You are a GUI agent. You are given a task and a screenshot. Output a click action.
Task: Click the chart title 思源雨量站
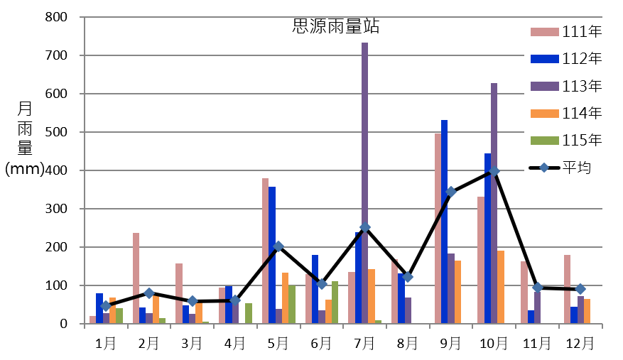(x=336, y=26)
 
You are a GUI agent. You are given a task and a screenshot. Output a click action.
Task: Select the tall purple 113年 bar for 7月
(x=364, y=182)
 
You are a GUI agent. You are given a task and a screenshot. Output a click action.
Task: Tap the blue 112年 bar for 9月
(x=444, y=222)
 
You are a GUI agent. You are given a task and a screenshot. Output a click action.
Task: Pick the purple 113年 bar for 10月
(x=494, y=203)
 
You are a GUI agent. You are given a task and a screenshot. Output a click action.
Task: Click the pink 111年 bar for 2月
(x=136, y=278)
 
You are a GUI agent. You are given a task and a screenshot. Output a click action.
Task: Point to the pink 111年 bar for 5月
(x=266, y=251)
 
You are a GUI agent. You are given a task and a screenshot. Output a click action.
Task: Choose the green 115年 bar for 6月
(x=335, y=302)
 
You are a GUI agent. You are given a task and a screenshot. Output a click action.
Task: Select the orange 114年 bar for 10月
(x=501, y=287)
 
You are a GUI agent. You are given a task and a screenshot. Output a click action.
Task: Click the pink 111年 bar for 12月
(x=568, y=289)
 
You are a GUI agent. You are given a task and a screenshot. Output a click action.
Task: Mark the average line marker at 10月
(x=494, y=171)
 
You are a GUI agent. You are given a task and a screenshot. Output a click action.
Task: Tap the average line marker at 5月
(x=278, y=246)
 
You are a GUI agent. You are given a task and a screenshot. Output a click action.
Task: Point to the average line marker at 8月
(x=408, y=276)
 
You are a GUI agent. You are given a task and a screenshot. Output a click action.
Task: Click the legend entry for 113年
(x=566, y=86)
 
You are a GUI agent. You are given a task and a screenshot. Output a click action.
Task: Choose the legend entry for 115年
(x=566, y=140)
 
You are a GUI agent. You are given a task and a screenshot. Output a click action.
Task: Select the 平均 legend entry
(x=560, y=168)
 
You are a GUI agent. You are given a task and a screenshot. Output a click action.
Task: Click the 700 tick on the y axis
(x=56, y=55)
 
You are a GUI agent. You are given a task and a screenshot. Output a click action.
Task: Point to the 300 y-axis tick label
(x=56, y=209)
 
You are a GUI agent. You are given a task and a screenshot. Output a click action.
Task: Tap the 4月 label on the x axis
(x=235, y=343)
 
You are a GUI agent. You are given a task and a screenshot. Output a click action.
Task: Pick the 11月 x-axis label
(x=537, y=343)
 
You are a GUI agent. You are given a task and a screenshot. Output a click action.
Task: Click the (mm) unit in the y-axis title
(x=25, y=168)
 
